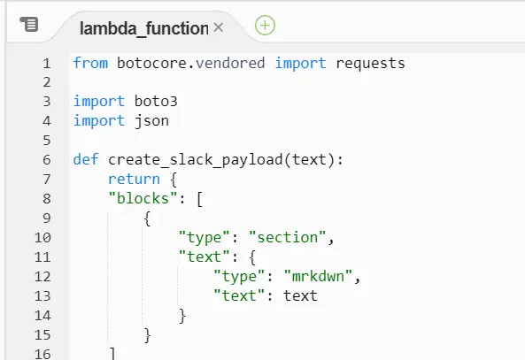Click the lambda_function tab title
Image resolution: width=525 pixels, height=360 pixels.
pos(144,28)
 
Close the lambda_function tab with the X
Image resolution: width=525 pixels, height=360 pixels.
pos(219,27)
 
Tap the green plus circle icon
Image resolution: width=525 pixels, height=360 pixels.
pos(265,26)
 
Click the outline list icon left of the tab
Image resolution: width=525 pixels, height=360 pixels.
pos(29,24)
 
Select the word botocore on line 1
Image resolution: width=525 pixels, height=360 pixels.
pos(151,63)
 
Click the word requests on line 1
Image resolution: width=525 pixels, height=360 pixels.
pos(370,64)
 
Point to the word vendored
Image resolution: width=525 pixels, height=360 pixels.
pos(230,63)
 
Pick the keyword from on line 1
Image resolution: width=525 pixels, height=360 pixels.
pos(90,63)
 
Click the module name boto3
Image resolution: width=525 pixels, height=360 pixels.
pos(156,102)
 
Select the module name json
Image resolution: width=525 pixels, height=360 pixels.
pos(151,121)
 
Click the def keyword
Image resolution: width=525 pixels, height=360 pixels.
pos(86,159)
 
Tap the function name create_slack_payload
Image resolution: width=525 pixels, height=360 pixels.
pos(196,160)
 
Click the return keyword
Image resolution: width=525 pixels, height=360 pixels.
pos(134,179)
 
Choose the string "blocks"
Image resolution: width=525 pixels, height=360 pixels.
pos(143,198)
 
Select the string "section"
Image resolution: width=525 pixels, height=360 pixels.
pos(288,237)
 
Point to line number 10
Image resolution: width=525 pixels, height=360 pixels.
pos(42,238)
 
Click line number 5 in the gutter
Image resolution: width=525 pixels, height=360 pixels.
pos(47,141)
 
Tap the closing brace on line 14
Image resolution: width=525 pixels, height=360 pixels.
pos(182,316)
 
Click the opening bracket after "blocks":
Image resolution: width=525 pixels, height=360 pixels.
pos(199,199)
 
